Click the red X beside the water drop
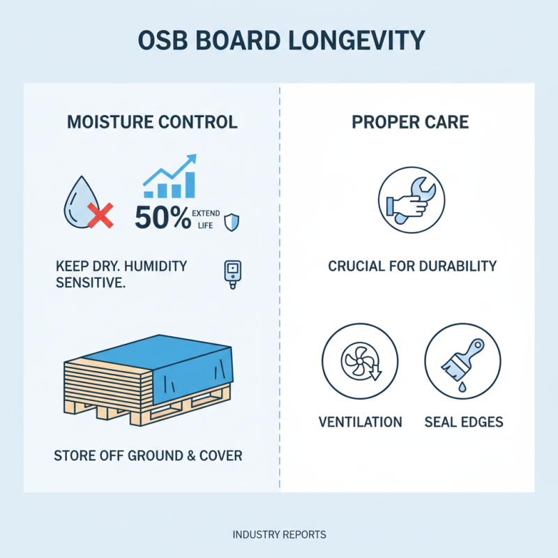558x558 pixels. pos(102,216)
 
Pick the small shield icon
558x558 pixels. pos(232,223)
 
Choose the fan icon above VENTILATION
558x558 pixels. pos(359,363)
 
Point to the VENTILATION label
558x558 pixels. pos(360,422)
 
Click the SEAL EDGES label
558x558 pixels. pos(463,422)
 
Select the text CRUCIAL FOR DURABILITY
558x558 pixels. pos(412,266)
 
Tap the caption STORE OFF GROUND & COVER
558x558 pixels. pos(148,456)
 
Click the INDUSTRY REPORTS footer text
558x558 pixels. pos(279,535)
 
